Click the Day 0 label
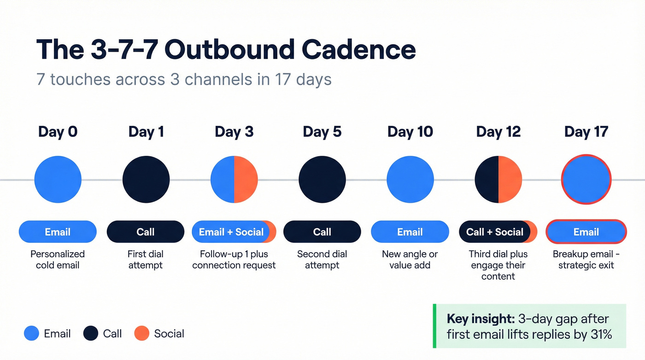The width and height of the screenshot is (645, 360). [58, 132]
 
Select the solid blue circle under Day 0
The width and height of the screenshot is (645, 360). [58, 179]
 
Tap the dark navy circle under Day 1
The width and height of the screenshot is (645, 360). [146, 179]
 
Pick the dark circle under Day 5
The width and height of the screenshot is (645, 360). [322, 179]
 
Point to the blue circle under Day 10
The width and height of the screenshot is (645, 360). [410, 179]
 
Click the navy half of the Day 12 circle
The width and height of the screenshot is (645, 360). [487, 179]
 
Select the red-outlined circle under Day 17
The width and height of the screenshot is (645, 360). [586, 179]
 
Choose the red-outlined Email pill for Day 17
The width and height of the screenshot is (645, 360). [586, 232]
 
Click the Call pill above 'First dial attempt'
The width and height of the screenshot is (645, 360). [146, 232]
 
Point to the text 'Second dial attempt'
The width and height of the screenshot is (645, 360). [322, 260]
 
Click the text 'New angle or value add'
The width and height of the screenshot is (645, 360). [410, 260]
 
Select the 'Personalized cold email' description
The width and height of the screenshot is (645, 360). [58, 260]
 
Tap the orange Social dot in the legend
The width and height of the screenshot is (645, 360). [142, 333]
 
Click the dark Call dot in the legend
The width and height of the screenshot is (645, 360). [91, 333]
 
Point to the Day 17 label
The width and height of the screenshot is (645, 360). [586, 132]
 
